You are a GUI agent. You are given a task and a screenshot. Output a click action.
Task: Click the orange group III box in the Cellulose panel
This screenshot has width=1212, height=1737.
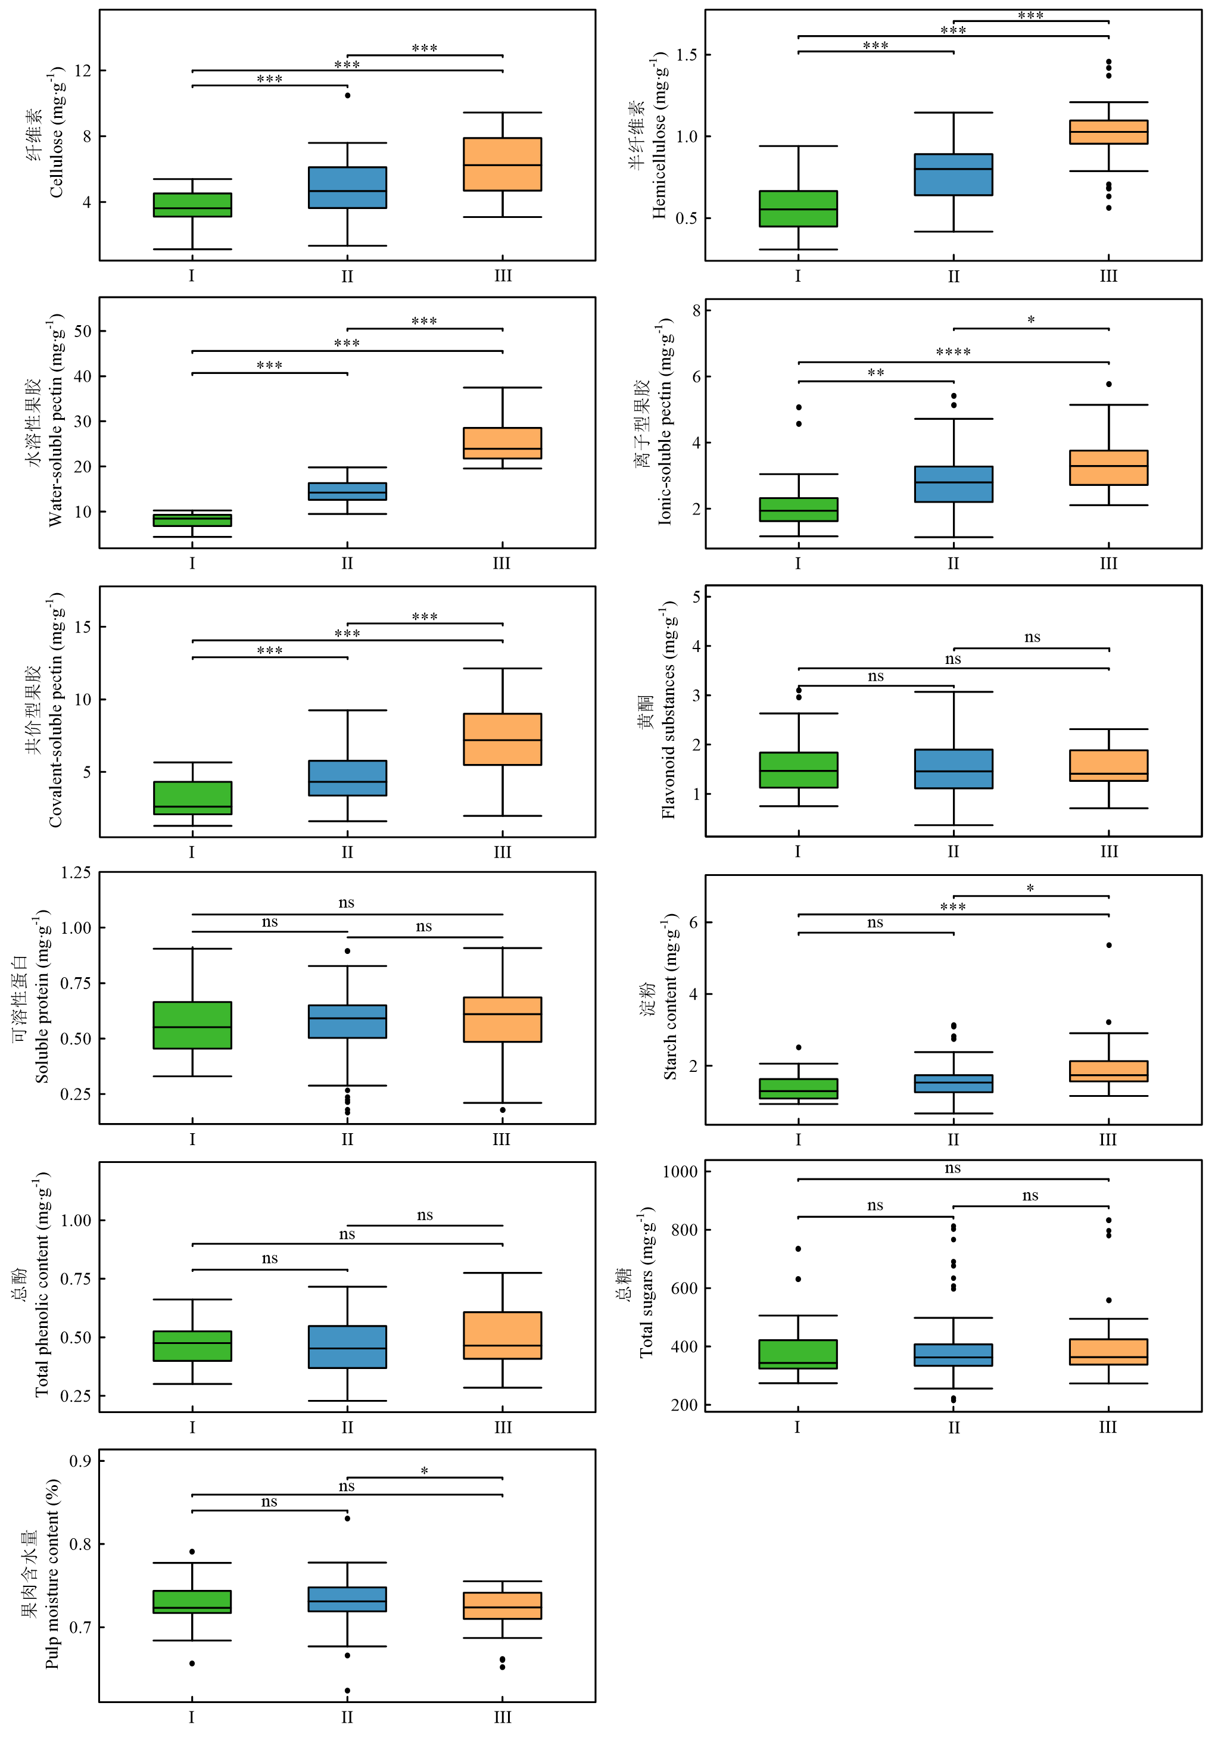[502, 164]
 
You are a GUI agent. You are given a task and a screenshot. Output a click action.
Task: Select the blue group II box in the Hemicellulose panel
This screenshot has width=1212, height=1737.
[954, 174]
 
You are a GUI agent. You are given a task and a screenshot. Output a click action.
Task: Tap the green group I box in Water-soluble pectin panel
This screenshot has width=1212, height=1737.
[192, 520]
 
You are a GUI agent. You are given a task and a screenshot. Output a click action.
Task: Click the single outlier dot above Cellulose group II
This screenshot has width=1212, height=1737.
[347, 95]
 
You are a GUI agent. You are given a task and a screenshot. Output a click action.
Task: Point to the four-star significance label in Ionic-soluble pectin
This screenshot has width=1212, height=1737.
[954, 353]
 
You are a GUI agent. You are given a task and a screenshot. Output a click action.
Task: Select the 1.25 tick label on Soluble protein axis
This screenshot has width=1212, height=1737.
[76, 872]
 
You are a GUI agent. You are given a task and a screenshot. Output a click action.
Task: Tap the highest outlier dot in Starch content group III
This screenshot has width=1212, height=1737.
[1108, 945]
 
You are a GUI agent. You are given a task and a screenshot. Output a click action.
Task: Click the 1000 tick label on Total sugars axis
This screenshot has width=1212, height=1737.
[680, 1172]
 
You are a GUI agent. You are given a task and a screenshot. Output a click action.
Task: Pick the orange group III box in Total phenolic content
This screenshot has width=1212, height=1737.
[502, 1335]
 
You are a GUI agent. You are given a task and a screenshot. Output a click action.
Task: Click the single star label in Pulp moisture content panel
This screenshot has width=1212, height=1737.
[425, 1471]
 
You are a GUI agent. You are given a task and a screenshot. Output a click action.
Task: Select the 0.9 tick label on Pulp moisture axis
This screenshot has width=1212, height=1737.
[81, 1461]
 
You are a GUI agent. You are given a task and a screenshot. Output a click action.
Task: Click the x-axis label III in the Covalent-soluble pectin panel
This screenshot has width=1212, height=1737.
[502, 853]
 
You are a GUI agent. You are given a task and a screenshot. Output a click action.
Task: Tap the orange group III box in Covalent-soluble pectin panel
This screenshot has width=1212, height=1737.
[502, 739]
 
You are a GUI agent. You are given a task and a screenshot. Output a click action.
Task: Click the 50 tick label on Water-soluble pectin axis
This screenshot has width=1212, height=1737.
[82, 331]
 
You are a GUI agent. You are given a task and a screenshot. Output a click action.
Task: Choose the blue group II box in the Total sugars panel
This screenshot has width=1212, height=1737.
[954, 1355]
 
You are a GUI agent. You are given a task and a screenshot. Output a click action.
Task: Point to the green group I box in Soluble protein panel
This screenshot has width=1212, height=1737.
[192, 1025]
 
